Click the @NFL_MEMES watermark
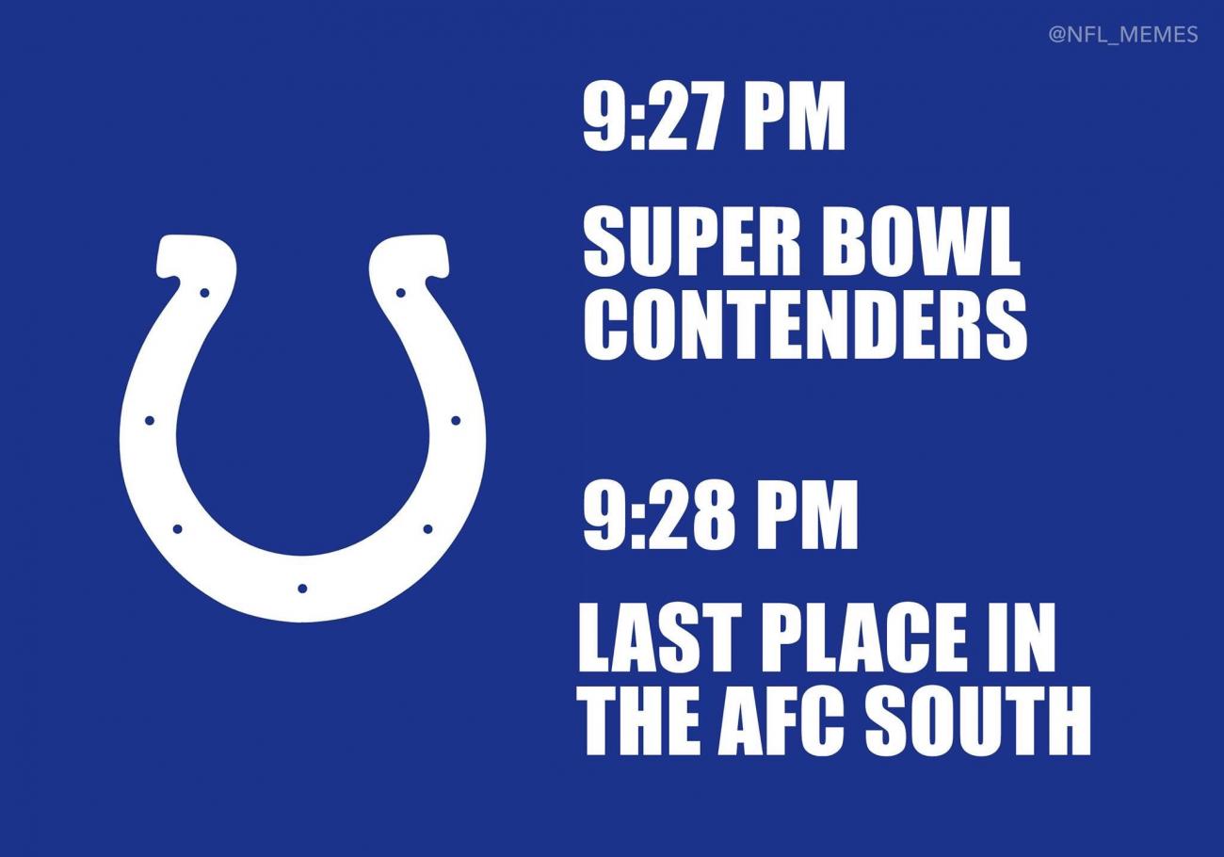tap(1123, 35)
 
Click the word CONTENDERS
tap(805, 325)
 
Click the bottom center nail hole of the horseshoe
tap(302, 588)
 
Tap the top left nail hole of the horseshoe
tap(204, 293)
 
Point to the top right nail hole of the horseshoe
tap(400, 293)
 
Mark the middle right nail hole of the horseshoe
tap(456, 420)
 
